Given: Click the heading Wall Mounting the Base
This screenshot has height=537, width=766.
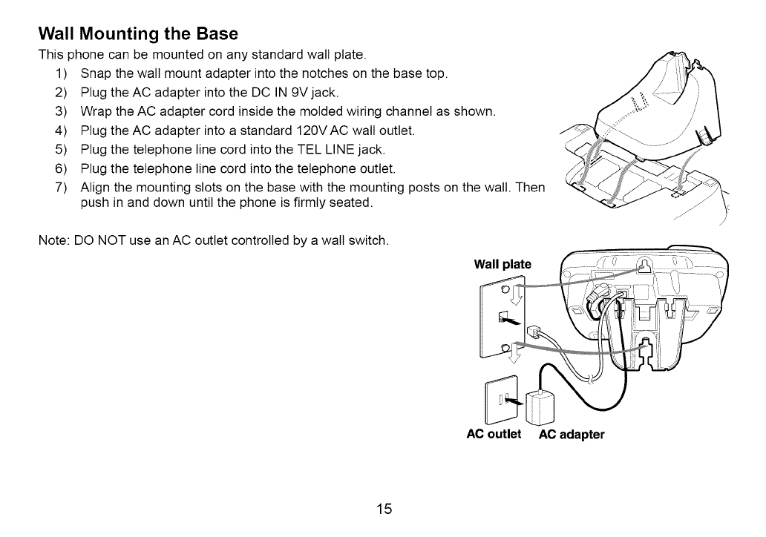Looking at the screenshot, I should pyautogui.click(x=138, y=34).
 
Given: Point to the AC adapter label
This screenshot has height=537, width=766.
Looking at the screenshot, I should pyautogui.click(x=572, y=435).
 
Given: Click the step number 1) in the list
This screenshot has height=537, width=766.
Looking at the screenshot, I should pyautogui.click(x=62, y=73).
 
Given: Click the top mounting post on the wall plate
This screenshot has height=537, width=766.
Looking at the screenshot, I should pyautogui.click(x=505, y=289).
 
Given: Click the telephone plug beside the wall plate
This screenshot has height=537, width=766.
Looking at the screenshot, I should pyautogui.click(x=534, y=332).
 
